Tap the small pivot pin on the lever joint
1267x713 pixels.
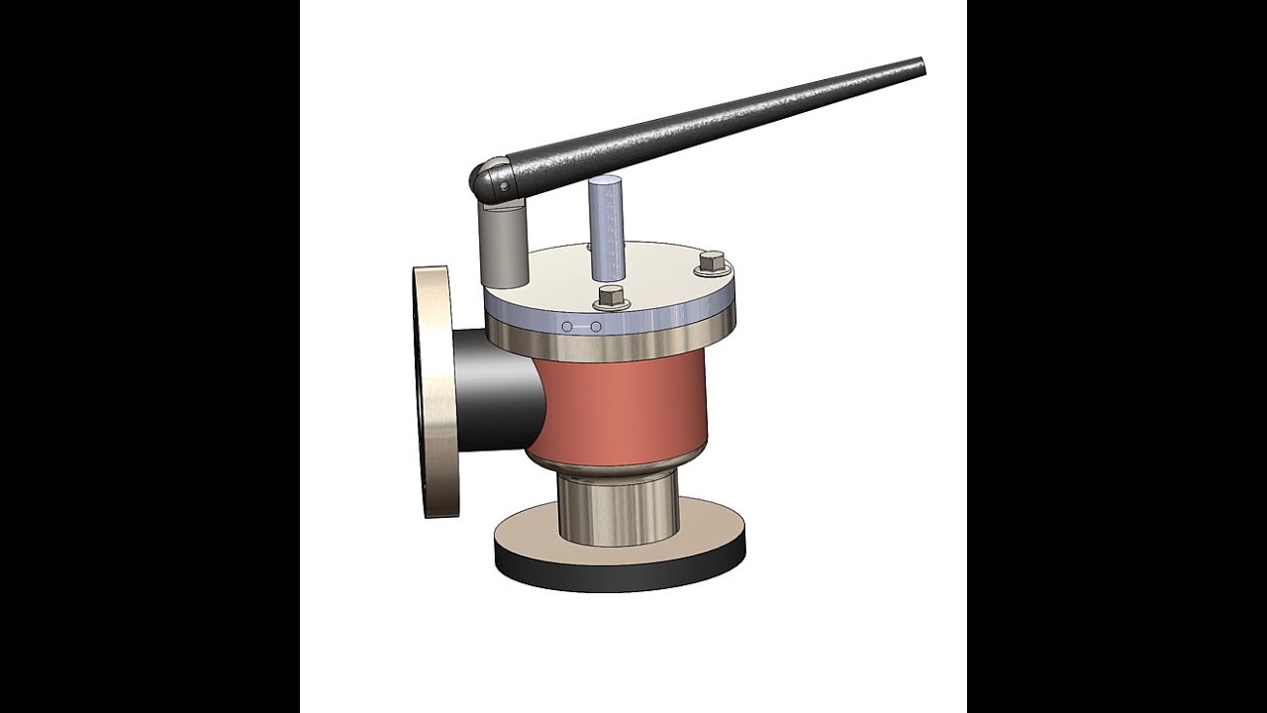503,185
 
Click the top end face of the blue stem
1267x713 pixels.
605,182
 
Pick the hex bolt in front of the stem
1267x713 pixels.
611,294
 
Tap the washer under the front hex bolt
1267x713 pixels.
611,304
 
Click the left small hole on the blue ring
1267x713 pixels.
566,327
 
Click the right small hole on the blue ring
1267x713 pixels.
596,327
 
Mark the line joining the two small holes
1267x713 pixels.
581,327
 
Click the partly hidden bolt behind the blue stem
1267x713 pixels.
590,247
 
